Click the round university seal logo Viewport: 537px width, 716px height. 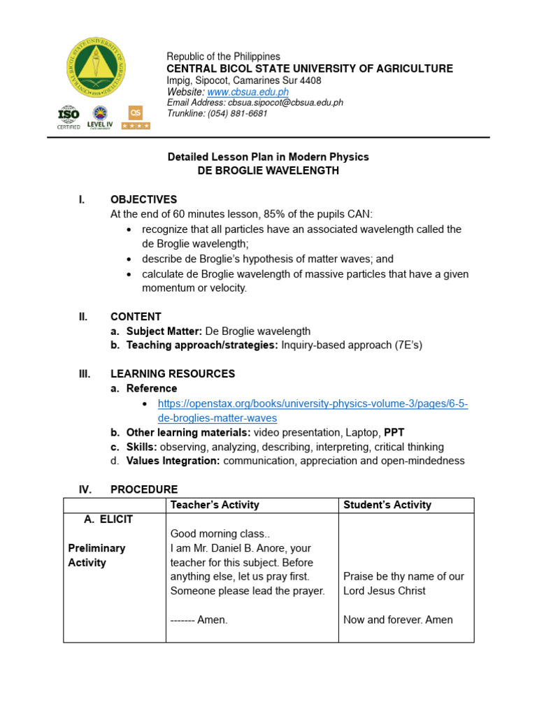[x=96, y=67]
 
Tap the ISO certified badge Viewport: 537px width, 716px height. [x=68, y=116]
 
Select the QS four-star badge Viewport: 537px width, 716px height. [x=135, y=117]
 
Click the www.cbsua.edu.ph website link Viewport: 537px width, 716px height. [x=248, y=92]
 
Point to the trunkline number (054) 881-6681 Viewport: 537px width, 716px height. [x=237, y=113]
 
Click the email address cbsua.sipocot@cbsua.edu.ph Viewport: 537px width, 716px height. [x=286, y=103]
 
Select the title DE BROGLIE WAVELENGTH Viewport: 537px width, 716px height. [x=268, y=171]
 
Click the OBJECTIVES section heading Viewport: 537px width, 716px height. [x=143, y=199]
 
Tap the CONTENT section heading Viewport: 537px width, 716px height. [x=136, y=316]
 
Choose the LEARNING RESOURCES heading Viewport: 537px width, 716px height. [x=173, y=373]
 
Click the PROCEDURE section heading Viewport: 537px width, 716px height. [x=144, y=489]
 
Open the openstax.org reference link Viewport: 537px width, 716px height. [x=313, y=411]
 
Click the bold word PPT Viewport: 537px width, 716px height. [x=394, y=432]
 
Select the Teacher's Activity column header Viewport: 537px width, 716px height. [x=215, y=505]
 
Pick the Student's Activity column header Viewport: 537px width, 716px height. [x=387, y=505]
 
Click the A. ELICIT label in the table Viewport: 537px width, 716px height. [x=108, y=520]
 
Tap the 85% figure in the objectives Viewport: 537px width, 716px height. [x=269, y=214]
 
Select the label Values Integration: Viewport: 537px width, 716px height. [x=173, y=461]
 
